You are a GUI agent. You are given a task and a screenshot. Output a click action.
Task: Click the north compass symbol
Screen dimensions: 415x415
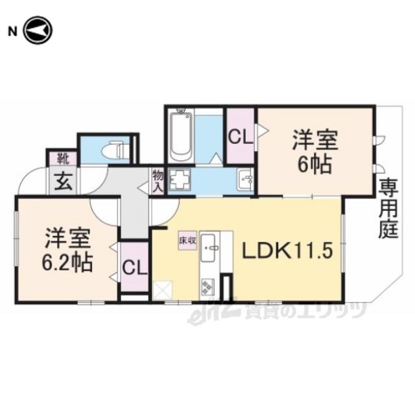[38, 30]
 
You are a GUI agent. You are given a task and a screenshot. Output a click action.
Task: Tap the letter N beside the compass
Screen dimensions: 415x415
[12, 32]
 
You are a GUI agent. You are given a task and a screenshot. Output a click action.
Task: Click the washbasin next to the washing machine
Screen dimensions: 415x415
[245, 179]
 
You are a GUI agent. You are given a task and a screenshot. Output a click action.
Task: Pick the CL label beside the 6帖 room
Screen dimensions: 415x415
[241, 137]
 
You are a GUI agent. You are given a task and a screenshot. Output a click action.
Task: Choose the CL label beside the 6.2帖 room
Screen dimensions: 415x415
[134, 268]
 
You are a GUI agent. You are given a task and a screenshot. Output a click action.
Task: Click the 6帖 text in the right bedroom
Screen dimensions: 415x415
[314, 164]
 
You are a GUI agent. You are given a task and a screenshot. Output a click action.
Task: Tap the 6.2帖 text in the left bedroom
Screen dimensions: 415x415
[67, 263]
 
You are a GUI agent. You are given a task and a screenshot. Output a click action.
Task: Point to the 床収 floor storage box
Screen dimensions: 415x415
[187, 241]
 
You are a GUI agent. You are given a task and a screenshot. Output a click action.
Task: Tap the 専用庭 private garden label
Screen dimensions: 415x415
[388, 209]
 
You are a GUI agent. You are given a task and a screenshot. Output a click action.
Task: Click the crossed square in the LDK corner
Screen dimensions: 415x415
[163, 290]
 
